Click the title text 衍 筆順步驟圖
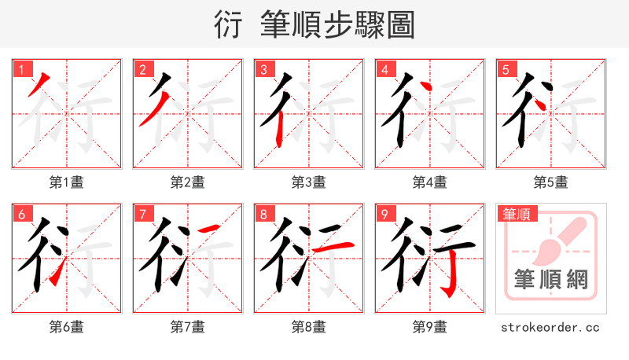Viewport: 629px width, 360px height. click(314, 24)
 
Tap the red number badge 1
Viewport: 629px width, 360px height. click(20, 69)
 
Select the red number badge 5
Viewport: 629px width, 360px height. click(505, 69)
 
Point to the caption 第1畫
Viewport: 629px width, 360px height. click(66, 182)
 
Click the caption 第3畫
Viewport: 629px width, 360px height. click(308, 182)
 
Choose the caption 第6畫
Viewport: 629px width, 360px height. click(66, 326)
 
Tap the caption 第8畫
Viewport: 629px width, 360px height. click(308, 326)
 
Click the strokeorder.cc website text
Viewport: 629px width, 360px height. click(550, 326)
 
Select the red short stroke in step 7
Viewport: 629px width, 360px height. click(208, 229)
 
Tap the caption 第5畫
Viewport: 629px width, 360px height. click(550, 182)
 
